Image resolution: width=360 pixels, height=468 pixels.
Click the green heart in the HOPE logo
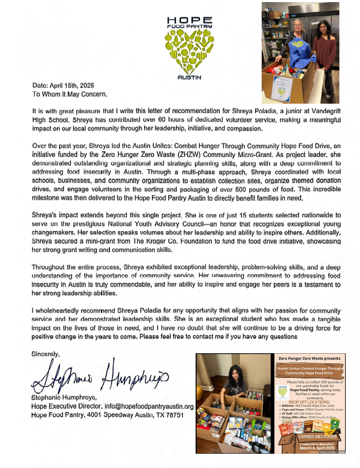pos(189,50)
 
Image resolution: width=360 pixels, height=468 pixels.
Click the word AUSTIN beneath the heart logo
pos(189,77)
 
